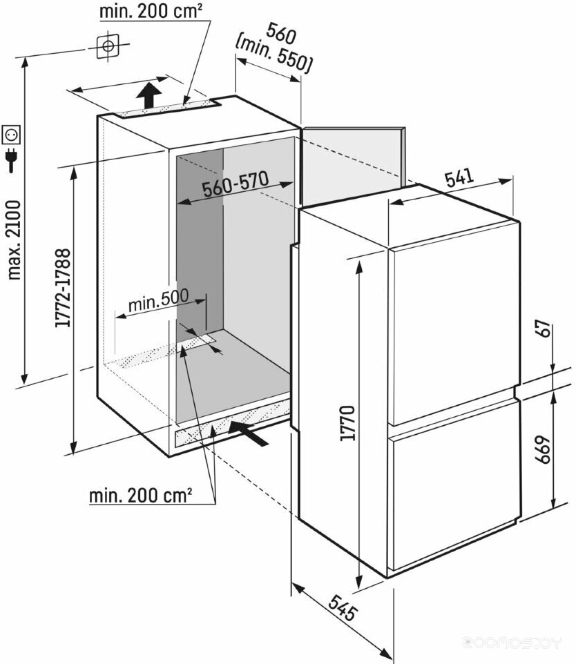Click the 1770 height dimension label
click(347, 423)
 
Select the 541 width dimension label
click(459, 178)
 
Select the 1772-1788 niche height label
click(63, 288)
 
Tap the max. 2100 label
click(14, 240)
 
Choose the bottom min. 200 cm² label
click(141, 495)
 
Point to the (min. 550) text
click(274, 55)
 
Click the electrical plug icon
click(12, 159)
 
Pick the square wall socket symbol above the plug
click(12, 135)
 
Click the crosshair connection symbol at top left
click(108, 46)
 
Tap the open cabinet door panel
click(352, 165)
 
